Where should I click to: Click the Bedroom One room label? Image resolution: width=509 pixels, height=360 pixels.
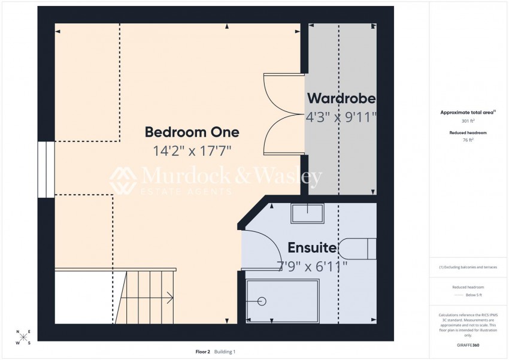coord(192,132)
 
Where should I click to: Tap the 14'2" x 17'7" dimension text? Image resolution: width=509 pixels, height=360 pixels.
coord(192,150)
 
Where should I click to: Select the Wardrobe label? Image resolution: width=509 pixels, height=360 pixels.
coord(341,98)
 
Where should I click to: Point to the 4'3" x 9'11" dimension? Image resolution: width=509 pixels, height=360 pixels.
coord(341,117)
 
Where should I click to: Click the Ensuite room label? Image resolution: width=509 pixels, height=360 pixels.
coord(312,247)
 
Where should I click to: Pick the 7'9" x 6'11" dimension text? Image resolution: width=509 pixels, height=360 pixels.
coord(312,267)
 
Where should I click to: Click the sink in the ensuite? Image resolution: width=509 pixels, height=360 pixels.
coord(307,213)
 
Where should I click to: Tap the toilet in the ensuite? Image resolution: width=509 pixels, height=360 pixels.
coord(357,249)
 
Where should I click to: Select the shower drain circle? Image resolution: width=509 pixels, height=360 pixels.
coord(262,301)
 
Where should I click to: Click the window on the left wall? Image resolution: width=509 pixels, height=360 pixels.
coord(46,170)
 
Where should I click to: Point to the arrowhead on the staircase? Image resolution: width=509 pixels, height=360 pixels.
coord(170,298)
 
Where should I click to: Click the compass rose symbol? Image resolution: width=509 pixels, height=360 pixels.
coord(23,337)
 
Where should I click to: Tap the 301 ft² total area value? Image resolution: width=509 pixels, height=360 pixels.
coord(468,121)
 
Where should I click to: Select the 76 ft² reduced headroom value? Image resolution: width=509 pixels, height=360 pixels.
coord(468,140)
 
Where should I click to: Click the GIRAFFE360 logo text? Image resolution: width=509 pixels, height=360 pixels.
coord(468,345)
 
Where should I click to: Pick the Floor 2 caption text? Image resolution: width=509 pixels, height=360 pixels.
coord(203,352)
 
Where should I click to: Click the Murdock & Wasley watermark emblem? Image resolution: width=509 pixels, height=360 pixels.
coord(123,180)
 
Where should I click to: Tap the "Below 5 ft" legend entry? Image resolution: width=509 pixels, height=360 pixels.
coord(474,295)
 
